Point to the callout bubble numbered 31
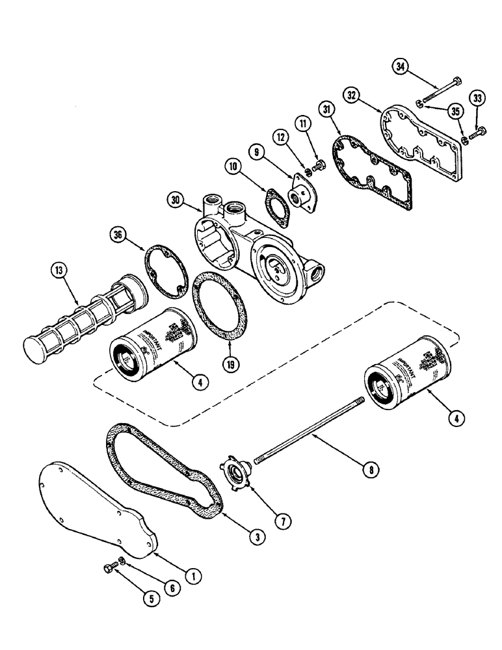(x=326, y=108)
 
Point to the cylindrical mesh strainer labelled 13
(x=88, y=319)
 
